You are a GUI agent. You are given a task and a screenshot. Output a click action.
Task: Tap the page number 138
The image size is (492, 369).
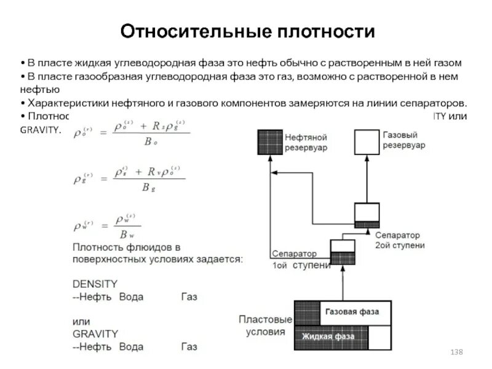pyautogui.click(x=456, y=351)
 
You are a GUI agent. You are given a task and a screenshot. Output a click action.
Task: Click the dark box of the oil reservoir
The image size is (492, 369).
pyautogui.click(x=269, y=141)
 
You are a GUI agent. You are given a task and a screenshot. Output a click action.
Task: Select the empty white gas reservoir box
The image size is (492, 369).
pyautogui.click(x=367, y=141)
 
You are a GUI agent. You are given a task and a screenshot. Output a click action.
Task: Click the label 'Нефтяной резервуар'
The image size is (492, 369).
pyautogui.click(x=306, y=142)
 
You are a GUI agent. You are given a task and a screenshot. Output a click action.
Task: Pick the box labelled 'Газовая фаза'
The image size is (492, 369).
pyautogui.click(x=352, y=312)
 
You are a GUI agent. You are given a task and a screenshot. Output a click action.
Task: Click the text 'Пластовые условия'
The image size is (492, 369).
pyautogui.click(x=265, y=326)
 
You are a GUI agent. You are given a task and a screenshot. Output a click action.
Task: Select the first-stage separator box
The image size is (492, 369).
pyautogui.click(x=343, y=252)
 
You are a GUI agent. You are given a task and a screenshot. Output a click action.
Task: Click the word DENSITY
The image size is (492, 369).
pyautogui.click(x=95, y=284)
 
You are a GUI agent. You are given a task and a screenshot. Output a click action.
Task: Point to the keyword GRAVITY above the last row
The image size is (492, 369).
pyautogui.click(x=95, y=334)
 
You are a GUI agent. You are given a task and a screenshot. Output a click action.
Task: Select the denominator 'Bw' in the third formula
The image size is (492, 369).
pyautogui.click(x=127, y=234)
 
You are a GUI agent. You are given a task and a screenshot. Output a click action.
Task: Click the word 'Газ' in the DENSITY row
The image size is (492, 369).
pyautogui.click(x=189, y=297)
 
